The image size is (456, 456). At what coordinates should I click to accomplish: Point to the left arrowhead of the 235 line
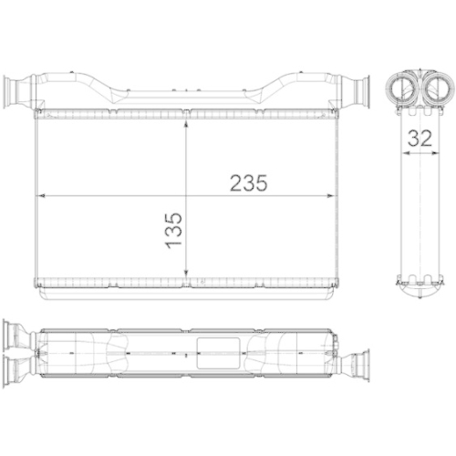(39, 194)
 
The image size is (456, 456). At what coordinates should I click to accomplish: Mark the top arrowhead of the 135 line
(186, 118)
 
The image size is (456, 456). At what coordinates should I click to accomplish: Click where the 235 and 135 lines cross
(186, 194)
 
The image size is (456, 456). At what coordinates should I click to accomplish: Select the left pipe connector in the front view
(17, 91)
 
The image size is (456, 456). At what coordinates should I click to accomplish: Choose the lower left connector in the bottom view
(16, 366)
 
